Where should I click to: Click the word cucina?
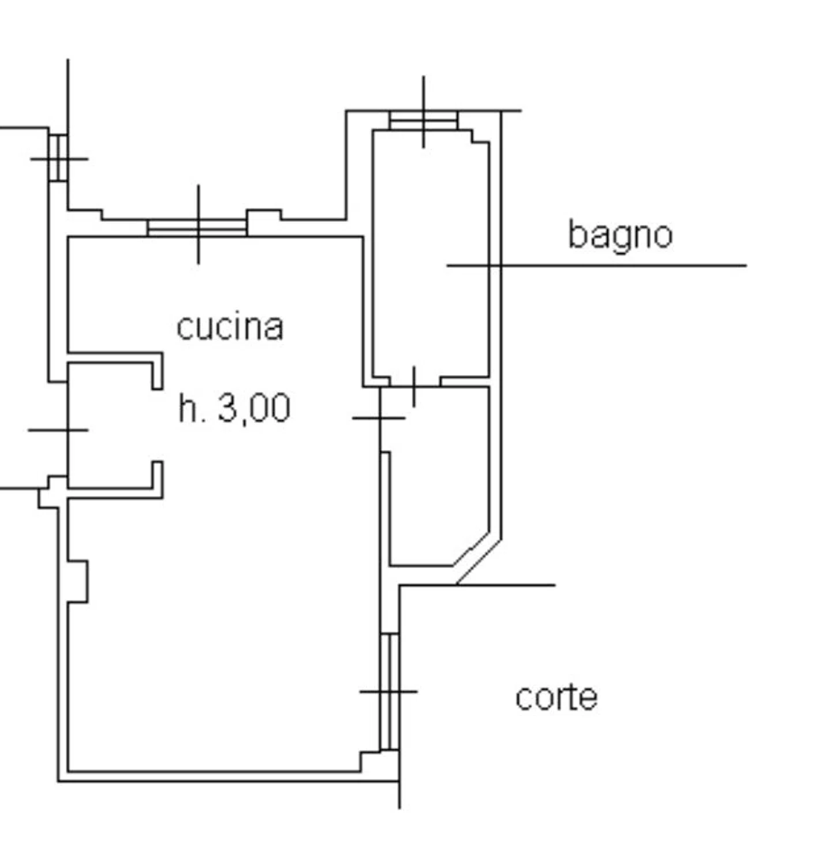230,327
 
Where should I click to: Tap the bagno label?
621,235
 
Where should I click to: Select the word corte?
556,697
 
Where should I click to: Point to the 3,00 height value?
253,408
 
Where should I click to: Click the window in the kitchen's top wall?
197,227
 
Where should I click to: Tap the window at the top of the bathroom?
423,120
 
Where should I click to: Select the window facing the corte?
390,692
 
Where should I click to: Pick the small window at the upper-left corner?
58,158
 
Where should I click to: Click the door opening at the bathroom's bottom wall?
414,382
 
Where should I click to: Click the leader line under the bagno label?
596,266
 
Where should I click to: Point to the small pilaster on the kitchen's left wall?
78,581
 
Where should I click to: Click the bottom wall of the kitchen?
229,777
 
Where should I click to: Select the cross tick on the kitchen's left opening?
58,430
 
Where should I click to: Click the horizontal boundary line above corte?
477,585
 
